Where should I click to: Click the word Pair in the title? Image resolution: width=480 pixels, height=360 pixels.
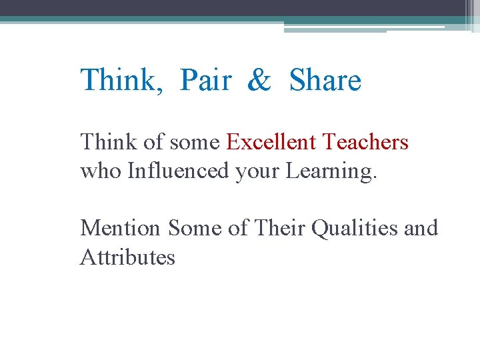(x=206, y=81)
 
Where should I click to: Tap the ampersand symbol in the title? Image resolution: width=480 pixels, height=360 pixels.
(x=259, y=81)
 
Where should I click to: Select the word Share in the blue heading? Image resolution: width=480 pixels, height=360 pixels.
(x=325, y=81)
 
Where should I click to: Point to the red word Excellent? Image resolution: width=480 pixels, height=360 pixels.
(x=271, y=142)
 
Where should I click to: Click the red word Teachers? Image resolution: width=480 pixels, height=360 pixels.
(x=365, y=142)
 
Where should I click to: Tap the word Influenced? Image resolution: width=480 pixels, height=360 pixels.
(x=178, y=171)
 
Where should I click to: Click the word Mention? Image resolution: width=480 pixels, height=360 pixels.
(x=121, y=228)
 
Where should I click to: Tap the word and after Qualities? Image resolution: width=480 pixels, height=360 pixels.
(x=421, y=228)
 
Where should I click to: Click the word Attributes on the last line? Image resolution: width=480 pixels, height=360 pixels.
(x=127, y=257)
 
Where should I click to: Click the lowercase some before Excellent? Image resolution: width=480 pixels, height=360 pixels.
(x=195, y=143)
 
